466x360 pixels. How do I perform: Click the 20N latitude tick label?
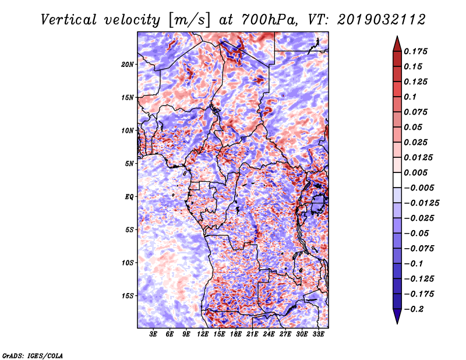(128, 64)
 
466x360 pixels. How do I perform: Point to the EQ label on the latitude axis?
(129, 197)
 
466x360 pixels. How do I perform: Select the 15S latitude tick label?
(128, 296)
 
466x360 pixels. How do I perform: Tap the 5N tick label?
(129, 164)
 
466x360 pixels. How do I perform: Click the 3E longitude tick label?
(153, 334)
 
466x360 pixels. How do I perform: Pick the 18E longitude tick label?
(236, 334)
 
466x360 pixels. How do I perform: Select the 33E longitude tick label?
(318, 334)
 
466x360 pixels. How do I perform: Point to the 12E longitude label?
(203, 334)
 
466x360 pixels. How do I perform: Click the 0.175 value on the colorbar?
(415, 51)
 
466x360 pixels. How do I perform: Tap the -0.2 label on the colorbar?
(414, 309)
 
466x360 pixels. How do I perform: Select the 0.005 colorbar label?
(415, 172)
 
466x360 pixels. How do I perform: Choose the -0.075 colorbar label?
(419, 249)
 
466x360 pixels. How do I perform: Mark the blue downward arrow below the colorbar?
(397, 316)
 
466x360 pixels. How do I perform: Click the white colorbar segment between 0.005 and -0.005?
(397, 180)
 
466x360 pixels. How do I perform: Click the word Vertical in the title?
(69, 20)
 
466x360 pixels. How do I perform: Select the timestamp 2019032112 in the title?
(382, 20)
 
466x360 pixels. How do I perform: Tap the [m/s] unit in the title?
(189, 20)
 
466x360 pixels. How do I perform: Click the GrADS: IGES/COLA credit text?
(33, 355)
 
